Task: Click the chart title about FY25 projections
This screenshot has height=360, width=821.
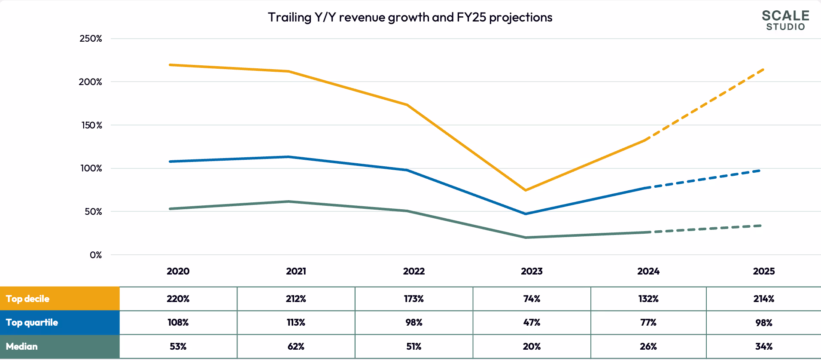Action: (410, 17)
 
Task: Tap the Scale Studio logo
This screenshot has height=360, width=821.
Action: (785, 20)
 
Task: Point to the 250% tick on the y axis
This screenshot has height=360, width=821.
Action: (91, 39)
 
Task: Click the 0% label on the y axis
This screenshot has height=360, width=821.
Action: (96, 255)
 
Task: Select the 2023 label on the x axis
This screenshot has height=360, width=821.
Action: (532, 271)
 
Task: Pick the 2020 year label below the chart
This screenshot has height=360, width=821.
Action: (178, 271)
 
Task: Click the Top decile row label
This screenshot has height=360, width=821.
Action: (28, 299)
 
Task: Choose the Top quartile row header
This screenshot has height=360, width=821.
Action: (32, 323)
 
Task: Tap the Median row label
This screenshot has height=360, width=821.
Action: (22, 346)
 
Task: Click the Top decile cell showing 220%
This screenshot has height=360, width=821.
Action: (178, 299)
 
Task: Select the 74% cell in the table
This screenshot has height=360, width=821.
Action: (532, 299)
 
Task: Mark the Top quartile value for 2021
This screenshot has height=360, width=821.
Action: (296, 323)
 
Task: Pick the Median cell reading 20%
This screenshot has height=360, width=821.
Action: (532, 346)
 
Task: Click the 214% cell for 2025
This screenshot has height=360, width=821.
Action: (763, 299)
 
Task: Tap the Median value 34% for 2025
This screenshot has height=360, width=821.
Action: (763, 346)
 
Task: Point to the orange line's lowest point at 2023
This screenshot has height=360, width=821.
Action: (526, 190)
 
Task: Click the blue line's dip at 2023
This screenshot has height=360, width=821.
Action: (526, 214)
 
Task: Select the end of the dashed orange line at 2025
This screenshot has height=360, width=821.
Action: (763, 70)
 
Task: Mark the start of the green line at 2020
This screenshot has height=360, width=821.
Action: (170, 209)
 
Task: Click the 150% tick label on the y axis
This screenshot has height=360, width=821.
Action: (91, 125)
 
